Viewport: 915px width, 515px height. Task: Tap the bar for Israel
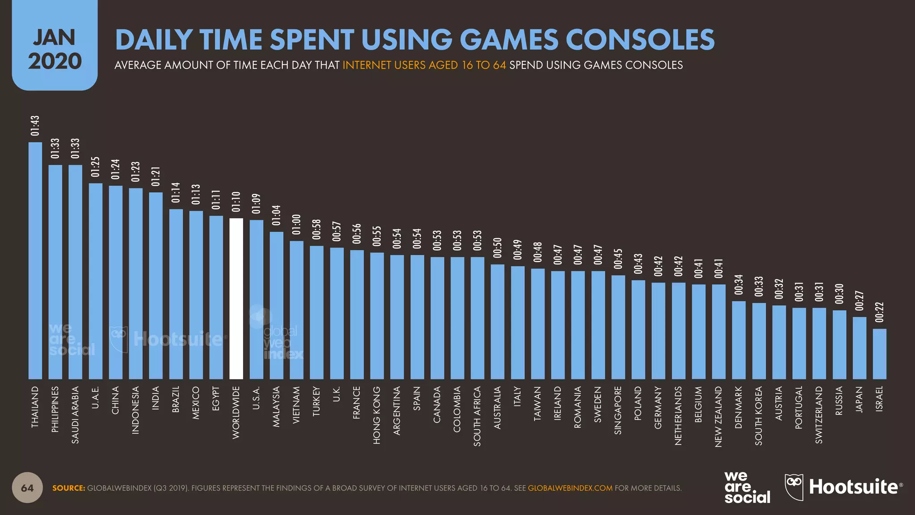[x=880, y=354]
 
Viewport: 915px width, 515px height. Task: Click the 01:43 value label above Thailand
[x=35, y=126]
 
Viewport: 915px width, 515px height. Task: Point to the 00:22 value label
[x=880, y=312]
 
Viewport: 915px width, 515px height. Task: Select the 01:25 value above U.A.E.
[x=96, y=167]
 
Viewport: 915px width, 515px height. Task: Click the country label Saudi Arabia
[x=76, y=415]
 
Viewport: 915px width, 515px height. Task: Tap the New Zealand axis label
[x=718, y=417]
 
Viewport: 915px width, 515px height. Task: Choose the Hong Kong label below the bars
[x=377, y=415]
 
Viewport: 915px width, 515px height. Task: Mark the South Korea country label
[x=759, y=416]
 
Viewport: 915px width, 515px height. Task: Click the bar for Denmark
[x=739, y=340]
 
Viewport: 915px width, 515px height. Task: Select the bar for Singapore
[x=618, y=327]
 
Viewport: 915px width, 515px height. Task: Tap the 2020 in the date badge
[x=55, y=61]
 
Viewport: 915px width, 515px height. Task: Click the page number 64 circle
[x=27, y=488]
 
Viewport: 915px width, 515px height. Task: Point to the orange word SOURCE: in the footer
[x=69, y=488]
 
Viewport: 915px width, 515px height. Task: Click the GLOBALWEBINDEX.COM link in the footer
[x=570, y=488]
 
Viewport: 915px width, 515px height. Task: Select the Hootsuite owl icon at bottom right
[x=794, y=487]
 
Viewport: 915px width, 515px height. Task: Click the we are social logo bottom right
[x=747, y=488]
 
